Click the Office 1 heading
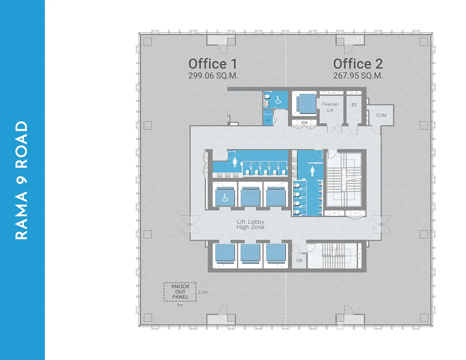coord(213,64)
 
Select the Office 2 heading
coord(358,64)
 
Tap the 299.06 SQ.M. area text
coord(213,76)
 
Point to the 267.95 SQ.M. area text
coord(358,76)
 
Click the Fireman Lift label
coord(330,107)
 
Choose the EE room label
coord(354,105)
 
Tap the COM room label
coord(381,115)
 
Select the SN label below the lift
coord(304,123)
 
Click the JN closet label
coord(268,120)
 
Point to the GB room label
coord(299,261)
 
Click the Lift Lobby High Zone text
coord(250,224)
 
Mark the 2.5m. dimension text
coord(204,292)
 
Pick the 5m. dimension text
coord(180,305)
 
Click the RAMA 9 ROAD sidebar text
coord(22,180)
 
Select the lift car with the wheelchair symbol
coord(225,197)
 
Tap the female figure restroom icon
coord(235,162)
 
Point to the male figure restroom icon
coord(312,172)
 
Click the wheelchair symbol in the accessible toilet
coord(278,100)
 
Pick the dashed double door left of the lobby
coord(190,224)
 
